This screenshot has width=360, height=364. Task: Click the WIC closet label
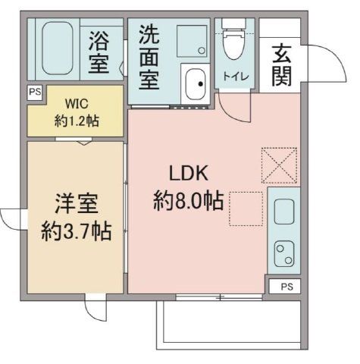click(77, 103)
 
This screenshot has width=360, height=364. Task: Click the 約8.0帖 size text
click(187, 201)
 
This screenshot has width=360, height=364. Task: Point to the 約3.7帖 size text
click(76, 231)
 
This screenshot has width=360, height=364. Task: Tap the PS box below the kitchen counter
click(285, 287)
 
